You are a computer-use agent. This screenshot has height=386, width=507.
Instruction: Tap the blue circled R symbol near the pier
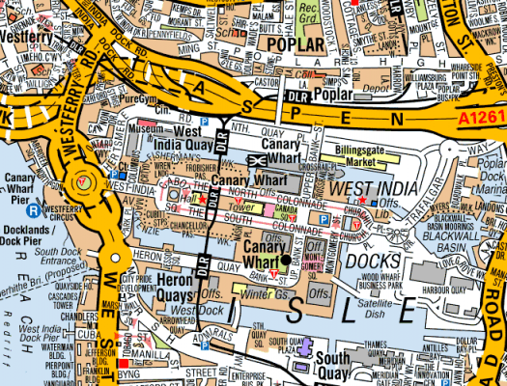coord(32,207)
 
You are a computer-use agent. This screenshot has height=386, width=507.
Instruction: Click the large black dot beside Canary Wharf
coord(286,260)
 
